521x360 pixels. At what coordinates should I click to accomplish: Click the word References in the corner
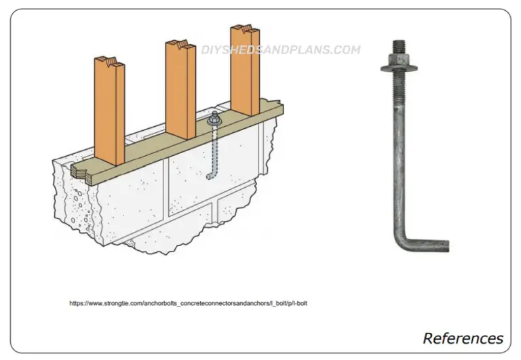pos(463,338)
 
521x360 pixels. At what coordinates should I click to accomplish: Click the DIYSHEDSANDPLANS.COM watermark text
pos(280,49)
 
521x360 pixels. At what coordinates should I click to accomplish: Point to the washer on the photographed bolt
pos(398,67)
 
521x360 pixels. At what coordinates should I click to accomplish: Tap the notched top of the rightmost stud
pos(244,31)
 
